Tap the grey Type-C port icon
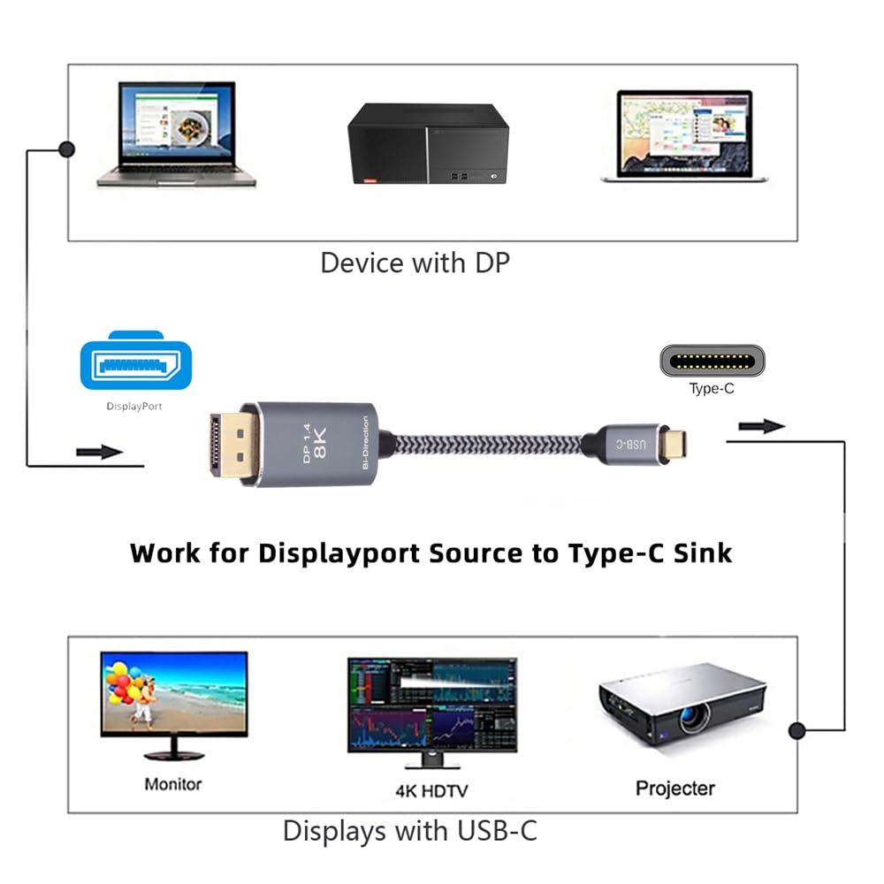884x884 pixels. pyautogui.click(x=713, y=361)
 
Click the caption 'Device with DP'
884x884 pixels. pyautogui.click(x=415, y=263)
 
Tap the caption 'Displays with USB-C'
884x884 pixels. pyautogui.click(x=409, y=831)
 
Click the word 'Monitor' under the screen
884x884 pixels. pyautogui.click(x=173, y=783)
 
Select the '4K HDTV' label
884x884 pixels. pyautogui.click(x=432, y=789)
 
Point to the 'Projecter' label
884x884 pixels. pyautogui.click(x=675, y=788)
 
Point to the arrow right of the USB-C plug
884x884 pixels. pyautogui.click(x=761, y=427)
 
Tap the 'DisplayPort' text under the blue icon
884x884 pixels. pyautogui.click(x=134, y=407)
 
